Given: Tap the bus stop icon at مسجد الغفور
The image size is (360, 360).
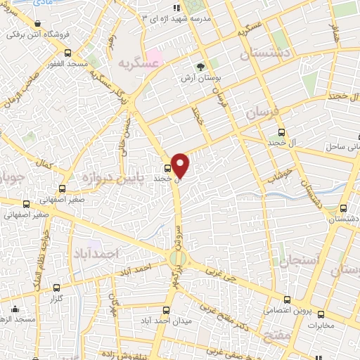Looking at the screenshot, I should coord(67,53).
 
